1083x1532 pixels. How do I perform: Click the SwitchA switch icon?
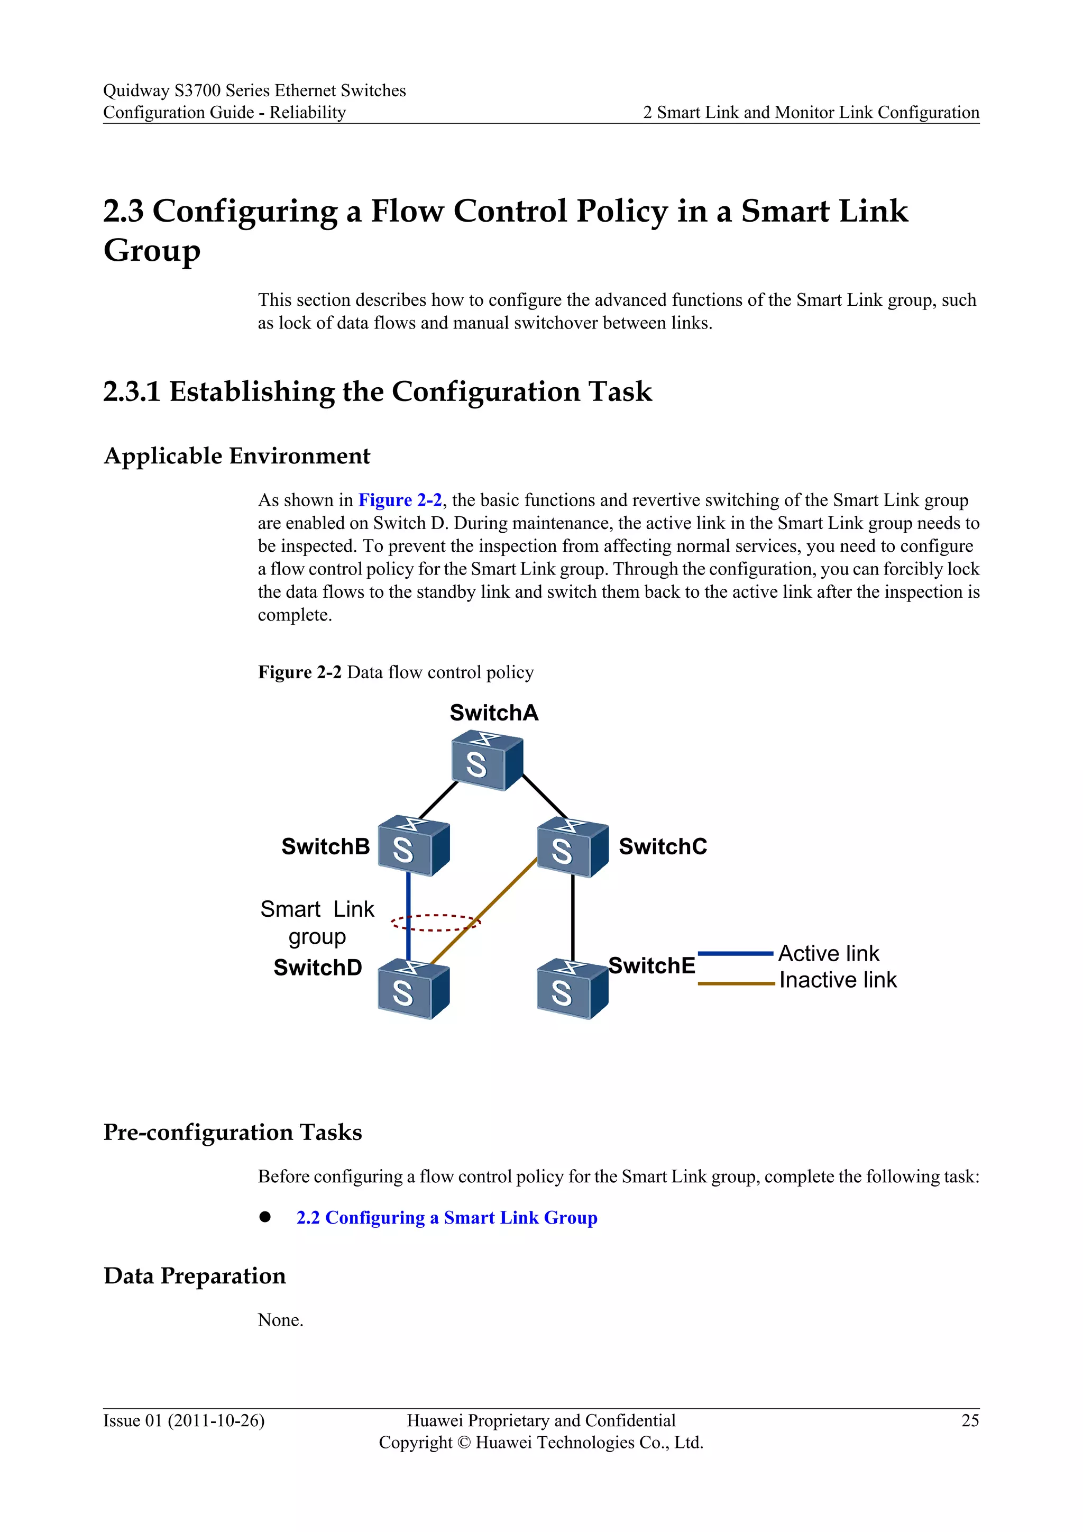pyautogui.click(x=487, y=760)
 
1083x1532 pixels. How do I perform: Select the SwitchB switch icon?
pyautogui.click(x=414, y=846)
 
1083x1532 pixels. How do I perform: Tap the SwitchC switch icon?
pyautogui.click(x=572, y=847)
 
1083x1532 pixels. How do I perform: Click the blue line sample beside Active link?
pyautogui.click(x=735, y=953)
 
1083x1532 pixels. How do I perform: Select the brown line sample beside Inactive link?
pyautogui.click(x=735, y=983)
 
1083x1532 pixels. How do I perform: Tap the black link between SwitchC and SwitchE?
pyautogui.click(x=573, y=917)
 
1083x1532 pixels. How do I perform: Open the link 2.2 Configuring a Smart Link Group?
pyautogui.click(x=447, y=1218)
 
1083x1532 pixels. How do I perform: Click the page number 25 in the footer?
pyautogui.click(x=970, y=1420)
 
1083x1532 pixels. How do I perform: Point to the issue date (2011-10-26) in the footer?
pyautogui.click(x=215, y=1420)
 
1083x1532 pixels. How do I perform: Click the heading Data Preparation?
pyautogui.click(x=195, y=1276)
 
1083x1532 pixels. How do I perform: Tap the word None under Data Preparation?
pyautogui.click(x=280, y=1320)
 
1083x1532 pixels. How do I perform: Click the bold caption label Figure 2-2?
pyautogui.click(x=299, y=672)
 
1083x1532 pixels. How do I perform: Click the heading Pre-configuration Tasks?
pyautogui.click(x=233, y=1132)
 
